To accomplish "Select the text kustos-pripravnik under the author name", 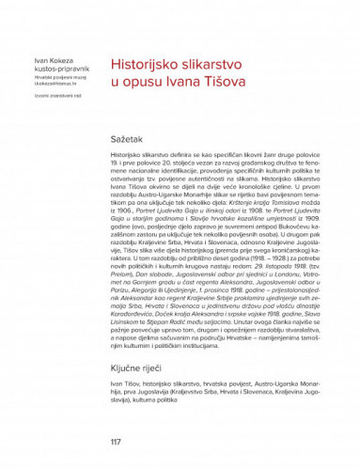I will click(46, 72).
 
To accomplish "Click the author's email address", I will click(44, 86).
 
